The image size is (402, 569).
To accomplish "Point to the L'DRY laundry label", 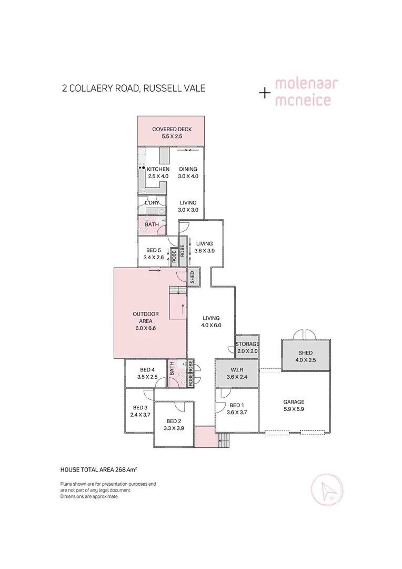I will [152, 203].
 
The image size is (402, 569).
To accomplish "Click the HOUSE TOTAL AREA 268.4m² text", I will [103, 468].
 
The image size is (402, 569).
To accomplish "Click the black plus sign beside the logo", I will [265, 93].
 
